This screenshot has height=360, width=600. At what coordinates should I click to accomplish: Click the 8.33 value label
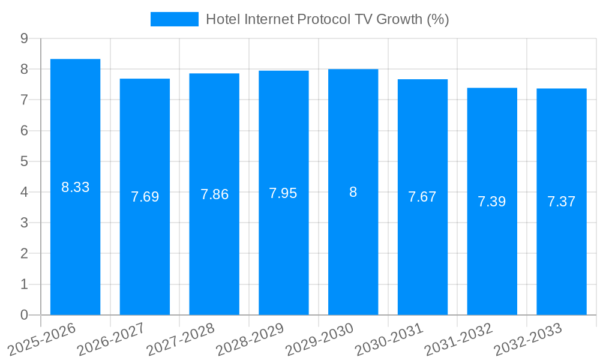coord(75,187)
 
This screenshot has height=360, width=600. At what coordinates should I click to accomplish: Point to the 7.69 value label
coord(145,197)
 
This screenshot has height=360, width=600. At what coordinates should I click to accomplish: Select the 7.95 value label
coord(283,193)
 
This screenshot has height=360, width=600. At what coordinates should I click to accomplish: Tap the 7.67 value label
coord(422,197)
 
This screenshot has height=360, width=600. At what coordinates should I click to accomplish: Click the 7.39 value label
coord(492,202)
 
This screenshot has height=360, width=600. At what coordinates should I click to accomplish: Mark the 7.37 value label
coord(562,202)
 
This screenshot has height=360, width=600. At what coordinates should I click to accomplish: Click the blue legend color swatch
coord(174,19)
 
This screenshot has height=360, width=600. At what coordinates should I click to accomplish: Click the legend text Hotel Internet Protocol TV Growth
coord(328,19)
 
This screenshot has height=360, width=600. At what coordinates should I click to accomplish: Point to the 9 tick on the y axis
coord(25,38)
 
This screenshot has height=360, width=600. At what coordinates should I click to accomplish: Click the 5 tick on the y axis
coord(25,161)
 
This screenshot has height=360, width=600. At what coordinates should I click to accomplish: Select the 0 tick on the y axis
coord(25,315)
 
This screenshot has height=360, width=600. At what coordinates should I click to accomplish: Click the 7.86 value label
coord(214,194)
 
